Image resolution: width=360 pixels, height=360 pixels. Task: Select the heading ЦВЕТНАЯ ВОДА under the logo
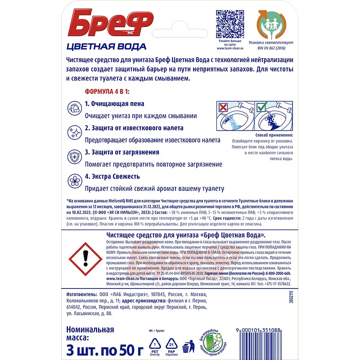tap(106, 46)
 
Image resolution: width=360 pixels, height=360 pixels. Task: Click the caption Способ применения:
tap(274, 135)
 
